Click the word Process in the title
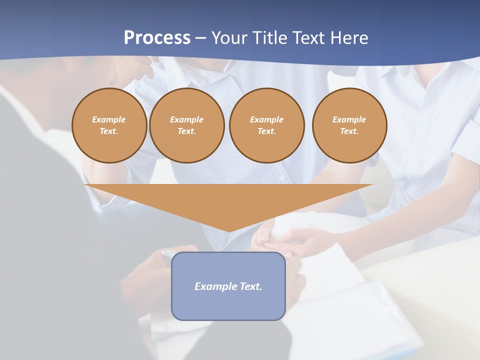point(157,38)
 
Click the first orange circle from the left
point(109,125)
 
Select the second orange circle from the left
point(187,125)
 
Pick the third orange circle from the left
point(267,125)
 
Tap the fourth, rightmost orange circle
point(349,125)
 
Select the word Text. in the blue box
point(250,286)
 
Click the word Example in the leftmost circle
point(109,119)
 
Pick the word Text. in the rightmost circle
point(349,131)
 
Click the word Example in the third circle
point(267,119)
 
